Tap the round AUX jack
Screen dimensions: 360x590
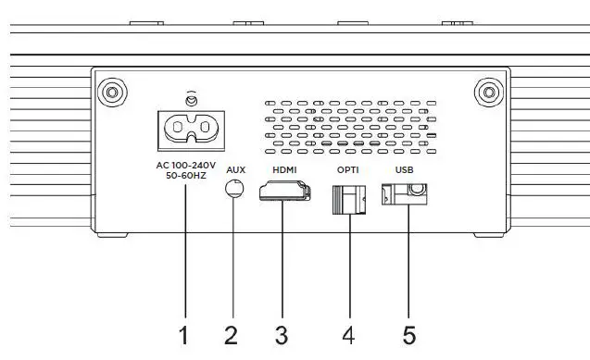click(x=234, y=189)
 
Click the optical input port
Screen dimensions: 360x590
click(x=348, y=198)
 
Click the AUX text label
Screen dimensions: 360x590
click(x=235, y=170)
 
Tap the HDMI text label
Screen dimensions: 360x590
click(x=284, y=170)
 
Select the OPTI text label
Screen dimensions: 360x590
click(x=348, y=170)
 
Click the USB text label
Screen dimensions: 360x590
click(x=404, y=170)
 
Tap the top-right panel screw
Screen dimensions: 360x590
click(x=487, y=92)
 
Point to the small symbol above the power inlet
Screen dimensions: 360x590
click(x=192, y=97)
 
